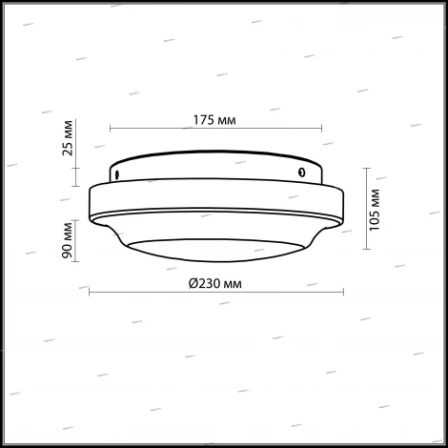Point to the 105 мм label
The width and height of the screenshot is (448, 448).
click(378, 207)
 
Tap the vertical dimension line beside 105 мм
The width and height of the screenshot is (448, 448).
click(367, 207)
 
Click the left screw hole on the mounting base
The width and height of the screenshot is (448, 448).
click(115, 174)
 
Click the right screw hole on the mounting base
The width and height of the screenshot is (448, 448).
click(301, 173)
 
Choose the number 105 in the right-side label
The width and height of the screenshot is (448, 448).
click(378, 216)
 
